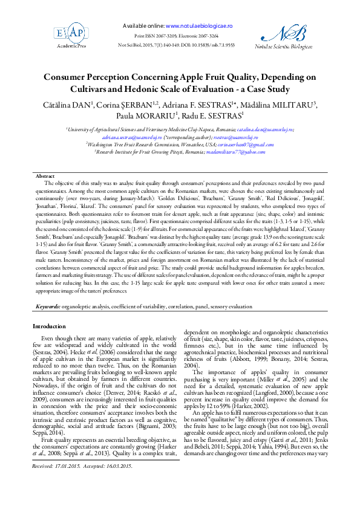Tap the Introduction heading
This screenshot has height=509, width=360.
(49, 326)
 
